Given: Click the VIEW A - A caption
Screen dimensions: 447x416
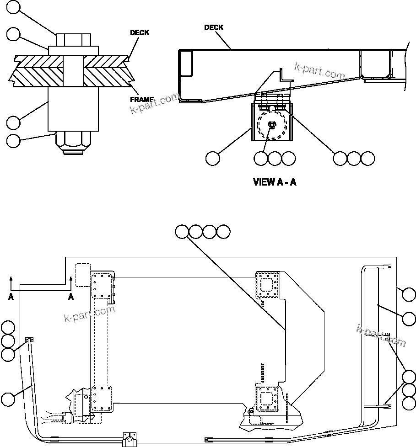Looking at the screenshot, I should [x=275, y=182].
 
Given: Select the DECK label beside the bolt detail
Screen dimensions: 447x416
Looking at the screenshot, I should [x=140, y=33].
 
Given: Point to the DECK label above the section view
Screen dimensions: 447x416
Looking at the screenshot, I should [x=214, y=27].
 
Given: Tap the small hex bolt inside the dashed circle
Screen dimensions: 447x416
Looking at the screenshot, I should [x=272, y=126].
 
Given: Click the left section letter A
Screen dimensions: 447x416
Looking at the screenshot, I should [x=11, y=297].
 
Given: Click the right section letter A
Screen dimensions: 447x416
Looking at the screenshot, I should [x=71, y=297].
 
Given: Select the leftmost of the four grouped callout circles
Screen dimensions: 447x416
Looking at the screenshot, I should [x=182, y=232].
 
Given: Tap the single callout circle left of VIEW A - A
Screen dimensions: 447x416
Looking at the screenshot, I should [x=212, y=158].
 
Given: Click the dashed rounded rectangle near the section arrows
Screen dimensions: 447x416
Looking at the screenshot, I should [x=82, y=275].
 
